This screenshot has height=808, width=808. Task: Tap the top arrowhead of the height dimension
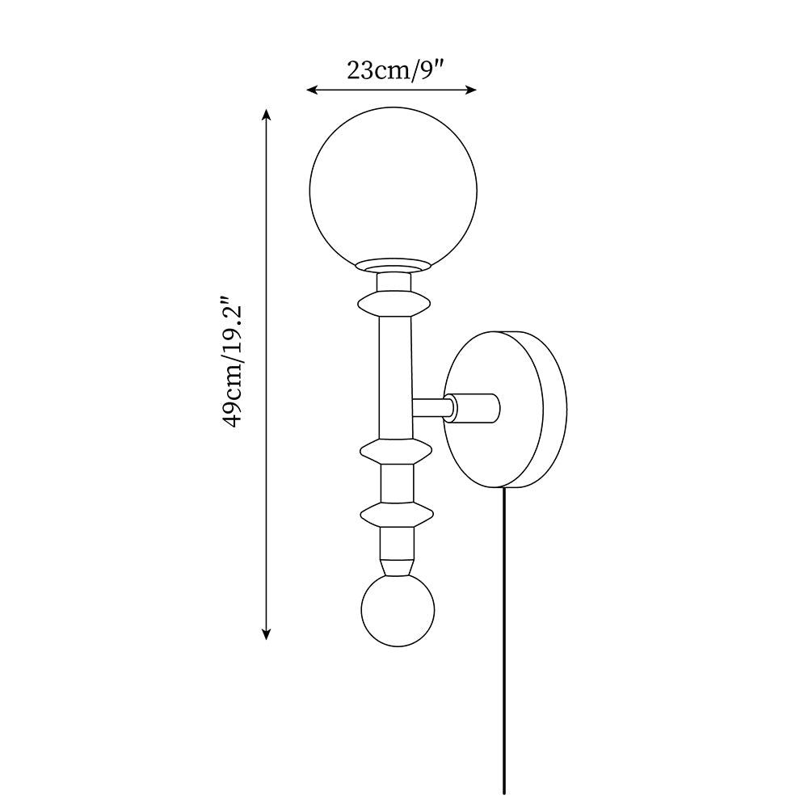click(266, 114)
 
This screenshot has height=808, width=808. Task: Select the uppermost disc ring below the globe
click(394, 305)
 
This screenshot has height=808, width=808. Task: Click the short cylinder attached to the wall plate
click(475, 407)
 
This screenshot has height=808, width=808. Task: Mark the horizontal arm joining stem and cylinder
click(431, 408)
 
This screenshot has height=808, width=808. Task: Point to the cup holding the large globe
click(394, 267)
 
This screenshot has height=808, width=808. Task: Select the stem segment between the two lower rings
click(396, 482)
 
